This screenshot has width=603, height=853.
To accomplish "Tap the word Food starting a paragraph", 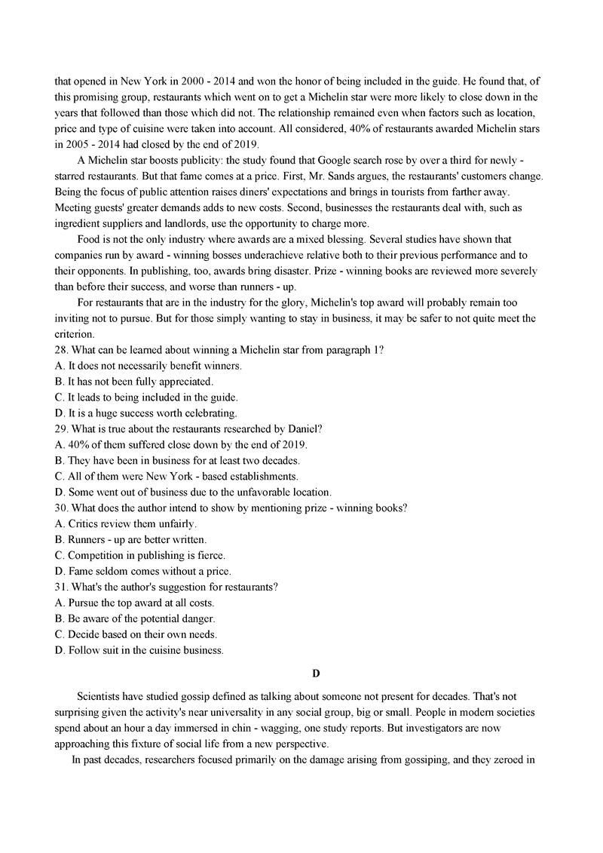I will pyautogui.click(x=90, y=239).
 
